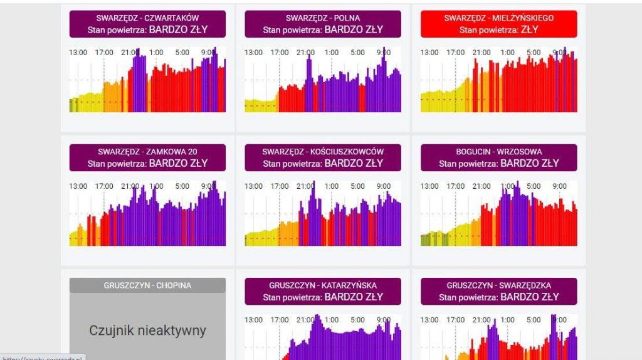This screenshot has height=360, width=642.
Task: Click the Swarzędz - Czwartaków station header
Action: (147, 24)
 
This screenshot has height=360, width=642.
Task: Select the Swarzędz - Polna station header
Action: (323, 24)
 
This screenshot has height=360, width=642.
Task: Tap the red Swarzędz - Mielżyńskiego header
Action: (498, 24)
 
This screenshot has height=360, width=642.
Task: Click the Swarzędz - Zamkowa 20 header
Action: (147, 157)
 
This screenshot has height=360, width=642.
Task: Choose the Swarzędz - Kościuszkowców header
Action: (323, 157)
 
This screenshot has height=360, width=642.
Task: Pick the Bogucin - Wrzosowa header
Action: (498, 157)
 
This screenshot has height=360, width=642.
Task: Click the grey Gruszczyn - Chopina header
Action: (147, 285)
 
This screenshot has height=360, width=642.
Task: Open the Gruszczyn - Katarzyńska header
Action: (323, 291)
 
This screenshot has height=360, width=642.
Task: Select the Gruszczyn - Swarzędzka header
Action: (498, 291)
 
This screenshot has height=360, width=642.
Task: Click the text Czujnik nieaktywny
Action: (147, 331)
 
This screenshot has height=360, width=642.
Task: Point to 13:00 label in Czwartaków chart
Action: (78, 53)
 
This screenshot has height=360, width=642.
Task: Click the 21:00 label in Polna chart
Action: (306, 53)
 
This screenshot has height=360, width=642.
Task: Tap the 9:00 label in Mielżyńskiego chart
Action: (559, 53)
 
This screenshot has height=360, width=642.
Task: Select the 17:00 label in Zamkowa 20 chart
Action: (104, 186)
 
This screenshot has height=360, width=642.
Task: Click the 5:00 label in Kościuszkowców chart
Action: (357, 186)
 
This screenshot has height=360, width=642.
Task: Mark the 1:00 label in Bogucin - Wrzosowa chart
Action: (508, 186)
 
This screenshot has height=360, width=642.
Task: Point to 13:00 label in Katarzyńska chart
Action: (254, 320)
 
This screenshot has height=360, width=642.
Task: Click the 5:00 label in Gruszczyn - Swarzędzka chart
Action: (533, 320)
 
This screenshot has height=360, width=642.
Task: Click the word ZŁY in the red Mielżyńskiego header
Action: (530, 29)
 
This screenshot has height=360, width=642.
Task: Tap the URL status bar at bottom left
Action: (42, 356)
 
